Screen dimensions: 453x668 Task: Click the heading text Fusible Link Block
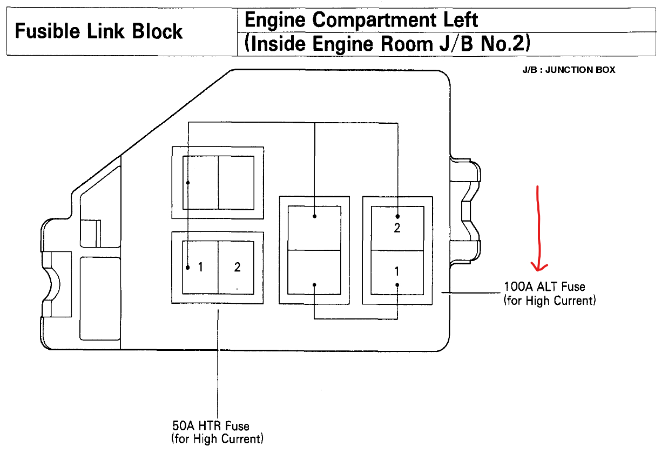[99, 31]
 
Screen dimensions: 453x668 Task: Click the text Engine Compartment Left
[361, 21]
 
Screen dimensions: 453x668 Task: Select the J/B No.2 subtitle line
[387, 44]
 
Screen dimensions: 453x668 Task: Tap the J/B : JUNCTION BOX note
[569, 70]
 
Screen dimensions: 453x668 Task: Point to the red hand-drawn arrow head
[539, 265]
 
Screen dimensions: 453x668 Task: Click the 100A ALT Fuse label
[544, 287]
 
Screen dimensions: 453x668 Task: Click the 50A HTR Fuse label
[211, 427]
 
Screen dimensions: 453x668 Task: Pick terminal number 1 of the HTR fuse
[200, 267]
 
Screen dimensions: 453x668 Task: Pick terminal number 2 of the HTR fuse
[237, 267]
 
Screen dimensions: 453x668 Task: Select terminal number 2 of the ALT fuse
[397, 228]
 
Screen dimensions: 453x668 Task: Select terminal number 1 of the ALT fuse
[397, 272]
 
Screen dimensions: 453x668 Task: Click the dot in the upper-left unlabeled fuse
[188, 183]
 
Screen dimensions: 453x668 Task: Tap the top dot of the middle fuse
[314, 216]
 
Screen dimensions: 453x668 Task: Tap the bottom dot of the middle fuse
[314, 285]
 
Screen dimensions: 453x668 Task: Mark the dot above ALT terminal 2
[397, 216]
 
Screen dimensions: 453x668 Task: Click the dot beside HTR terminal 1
[188, 267]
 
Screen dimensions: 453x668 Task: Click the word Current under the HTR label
[241, 438]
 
